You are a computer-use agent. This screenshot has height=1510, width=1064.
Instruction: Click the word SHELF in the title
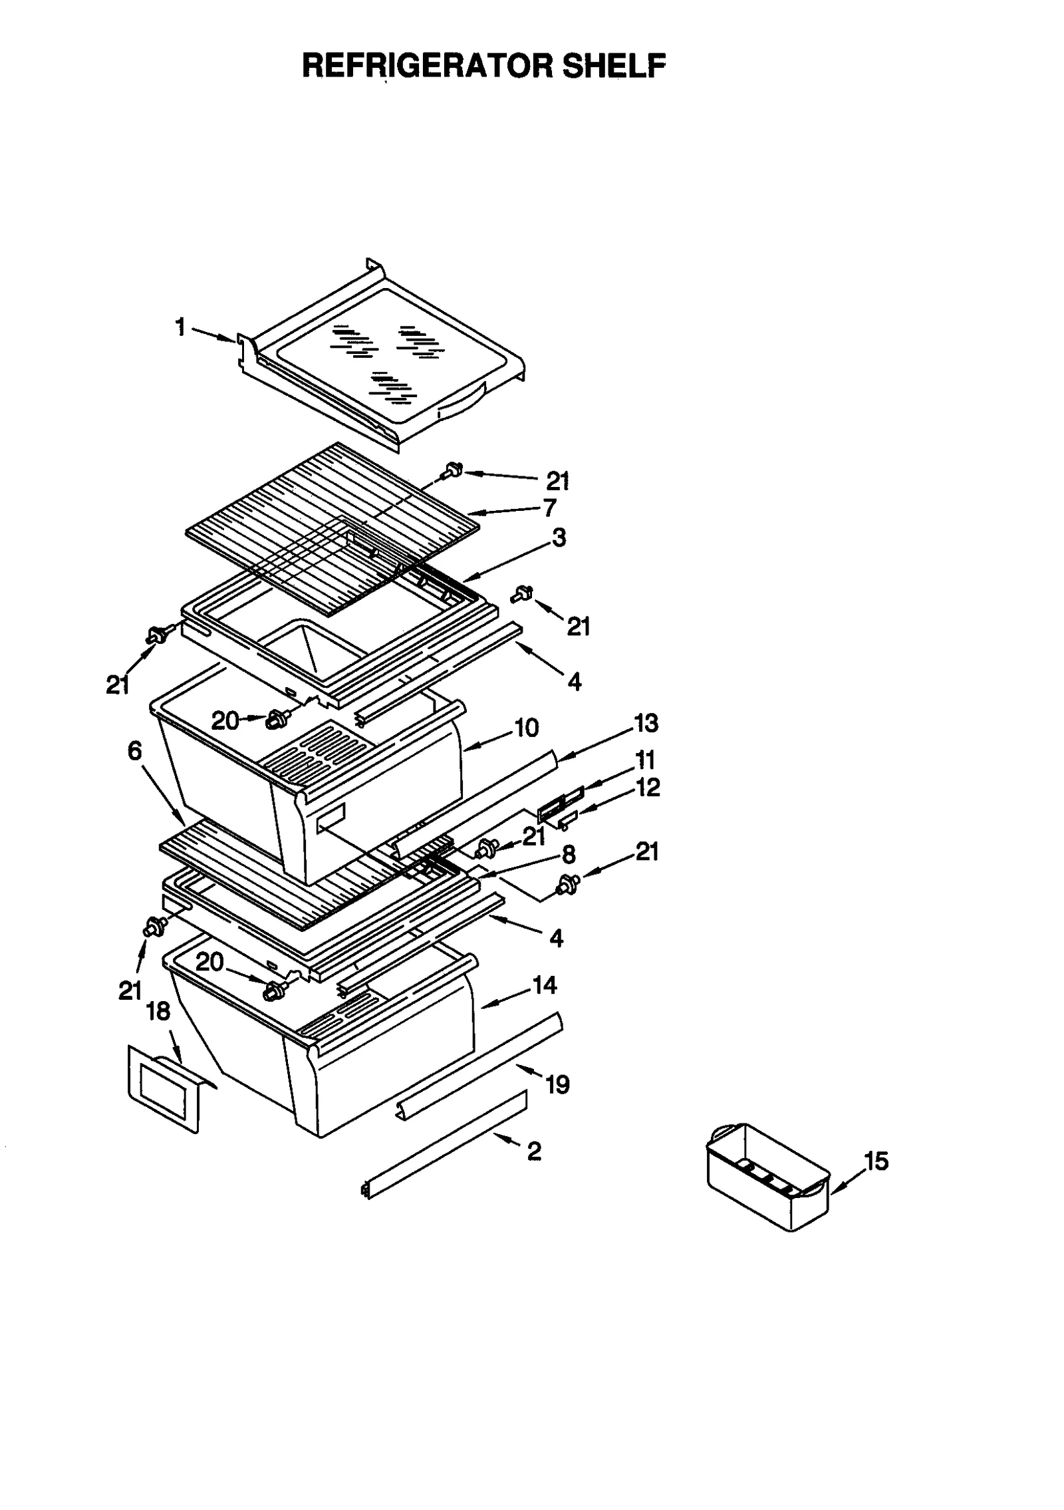(613, 66)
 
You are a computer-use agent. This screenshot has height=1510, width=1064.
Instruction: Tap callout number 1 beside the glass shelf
(180, 327)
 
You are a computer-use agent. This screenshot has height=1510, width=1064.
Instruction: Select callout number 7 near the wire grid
(549, 508)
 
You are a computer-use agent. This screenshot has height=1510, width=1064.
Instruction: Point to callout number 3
(559, 537)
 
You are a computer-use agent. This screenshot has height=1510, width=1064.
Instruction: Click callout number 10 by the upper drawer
(526, 728)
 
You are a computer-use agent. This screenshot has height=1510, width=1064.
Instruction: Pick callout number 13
(645, 723)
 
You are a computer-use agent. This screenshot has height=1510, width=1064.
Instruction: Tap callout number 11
(644, 760)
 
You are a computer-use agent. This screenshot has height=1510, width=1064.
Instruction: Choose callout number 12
(647, 788)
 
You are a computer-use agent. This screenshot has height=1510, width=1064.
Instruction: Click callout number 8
(568, 855)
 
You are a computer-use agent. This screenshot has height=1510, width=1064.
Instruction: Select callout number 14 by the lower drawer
(544, 985)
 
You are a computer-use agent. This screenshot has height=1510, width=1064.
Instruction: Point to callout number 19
(557, 1085)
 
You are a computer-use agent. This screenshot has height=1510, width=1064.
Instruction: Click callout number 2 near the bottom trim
(534, 1151)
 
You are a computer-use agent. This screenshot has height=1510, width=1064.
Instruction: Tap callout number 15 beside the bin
(876, 1161)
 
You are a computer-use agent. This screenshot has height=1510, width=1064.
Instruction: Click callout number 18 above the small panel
(158, 1012)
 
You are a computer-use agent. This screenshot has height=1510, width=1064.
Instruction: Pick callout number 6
(134, 751)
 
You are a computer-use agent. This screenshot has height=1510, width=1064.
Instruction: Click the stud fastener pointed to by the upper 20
(275, 719)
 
